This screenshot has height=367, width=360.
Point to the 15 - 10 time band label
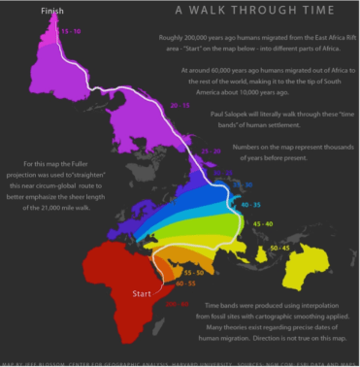(71, 32)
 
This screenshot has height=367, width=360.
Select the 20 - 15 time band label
(179, 104)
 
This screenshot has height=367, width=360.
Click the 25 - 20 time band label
(211, 152)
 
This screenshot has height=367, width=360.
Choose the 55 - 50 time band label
(193, 274)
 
